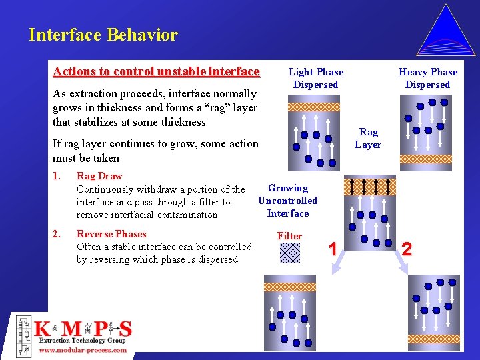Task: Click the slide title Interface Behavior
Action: click(x=103, y=35)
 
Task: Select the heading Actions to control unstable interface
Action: click(x=156, y=71)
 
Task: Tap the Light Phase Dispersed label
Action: click(x=316, y=78)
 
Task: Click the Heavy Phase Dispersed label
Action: click(x=427, y=78)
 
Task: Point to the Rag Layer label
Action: click(x=368, y=139)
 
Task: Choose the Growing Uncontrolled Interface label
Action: click(x=287, y=201)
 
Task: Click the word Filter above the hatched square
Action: click(x=289, y=236)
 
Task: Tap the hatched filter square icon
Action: click(x=290, y=253)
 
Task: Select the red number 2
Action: click(x=407, y=249)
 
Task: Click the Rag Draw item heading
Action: click(x=99, y=176)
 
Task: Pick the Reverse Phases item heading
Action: click(x=111, y=234)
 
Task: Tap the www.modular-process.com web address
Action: click(x=83, y=350)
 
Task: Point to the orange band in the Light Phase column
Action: click(x=313, y=107)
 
